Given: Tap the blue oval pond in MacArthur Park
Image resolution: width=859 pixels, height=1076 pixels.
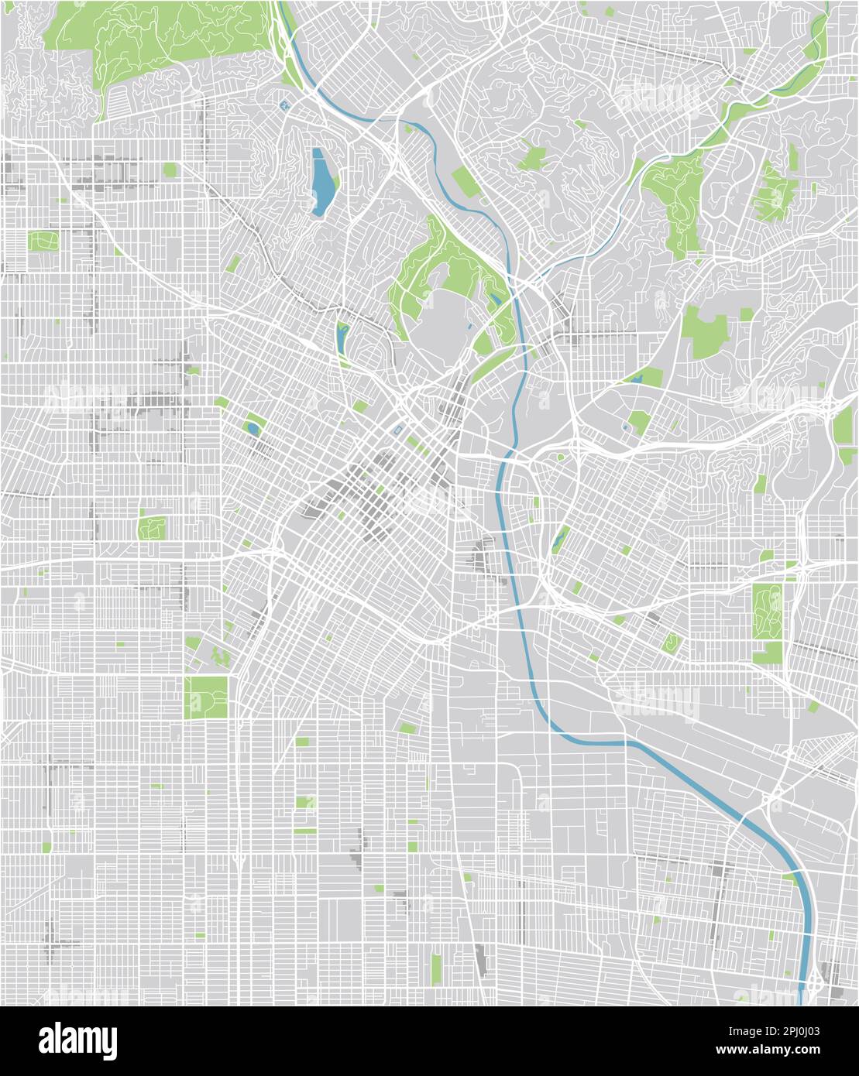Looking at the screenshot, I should coord(253,428).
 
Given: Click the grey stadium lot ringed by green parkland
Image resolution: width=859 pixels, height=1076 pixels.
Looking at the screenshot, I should coord(438,314).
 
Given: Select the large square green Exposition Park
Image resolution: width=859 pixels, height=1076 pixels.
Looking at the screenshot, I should coord(207,697).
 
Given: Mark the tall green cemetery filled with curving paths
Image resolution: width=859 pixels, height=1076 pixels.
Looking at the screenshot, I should coord(767,612).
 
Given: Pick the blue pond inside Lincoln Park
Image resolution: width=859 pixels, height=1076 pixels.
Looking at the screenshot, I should coord(637,379).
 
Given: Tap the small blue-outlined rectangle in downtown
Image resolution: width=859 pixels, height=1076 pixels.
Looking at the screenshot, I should coord(398,430).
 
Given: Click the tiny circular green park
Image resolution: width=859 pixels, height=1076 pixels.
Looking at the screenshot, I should coord(561,457).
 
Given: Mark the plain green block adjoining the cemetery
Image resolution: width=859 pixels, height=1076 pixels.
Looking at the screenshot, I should coord(767,652).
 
